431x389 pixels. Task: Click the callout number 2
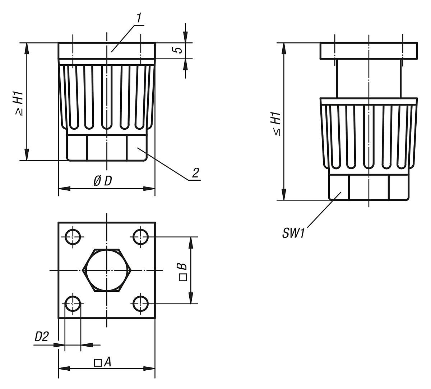coord(195,173)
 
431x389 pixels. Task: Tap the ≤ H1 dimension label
coord(277,124)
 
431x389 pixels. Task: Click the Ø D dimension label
coord(103,181)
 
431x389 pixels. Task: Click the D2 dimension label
coord(42,337)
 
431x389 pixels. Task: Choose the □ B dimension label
coord(182,271)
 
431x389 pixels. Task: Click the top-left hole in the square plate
coord(73,236)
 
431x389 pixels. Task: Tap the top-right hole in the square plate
coord(140,236)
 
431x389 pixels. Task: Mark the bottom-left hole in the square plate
coord(73,304)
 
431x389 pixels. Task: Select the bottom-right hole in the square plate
coord(140,304)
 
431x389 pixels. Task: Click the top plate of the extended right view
coord(369,51)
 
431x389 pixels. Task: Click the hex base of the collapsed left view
coord(107,147)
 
